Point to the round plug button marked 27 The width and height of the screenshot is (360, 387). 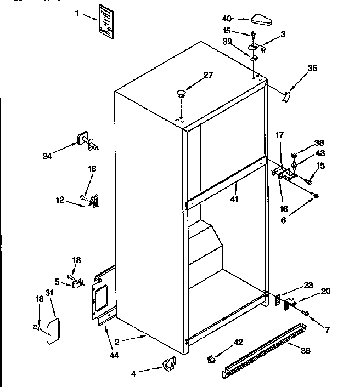click(x=181, y=95)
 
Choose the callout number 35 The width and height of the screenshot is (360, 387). click(x=312, y=69)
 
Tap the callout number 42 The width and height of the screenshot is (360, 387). click(x=238, y=342)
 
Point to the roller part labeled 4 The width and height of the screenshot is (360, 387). click(x=168, y=363)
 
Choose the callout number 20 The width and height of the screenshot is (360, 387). click(x=325, y=291)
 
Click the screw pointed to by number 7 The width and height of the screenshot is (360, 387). click(x=306, y=314)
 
